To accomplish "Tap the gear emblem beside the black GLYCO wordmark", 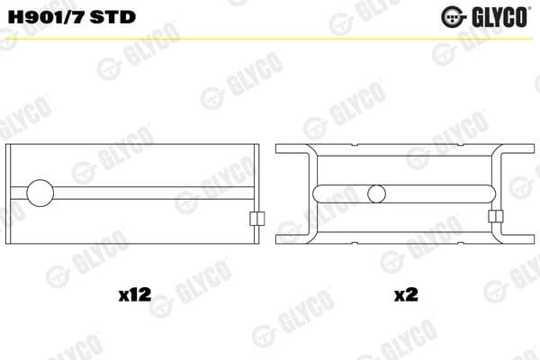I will (452, 15).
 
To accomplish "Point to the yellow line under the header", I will (270, 38).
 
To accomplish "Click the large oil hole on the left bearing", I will (41, 193).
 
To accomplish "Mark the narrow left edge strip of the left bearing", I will (11, 193).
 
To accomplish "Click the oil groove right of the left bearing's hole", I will (153, 193).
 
